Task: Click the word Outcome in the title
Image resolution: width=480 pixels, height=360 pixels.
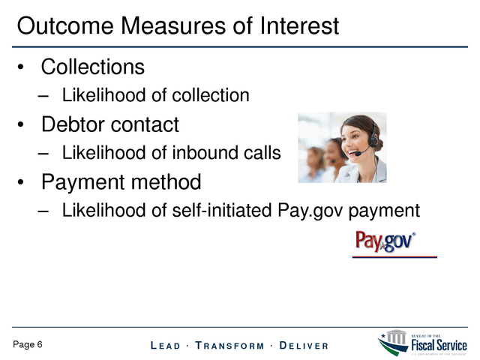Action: [65, 25]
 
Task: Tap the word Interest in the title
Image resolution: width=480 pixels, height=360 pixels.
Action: [299, 25]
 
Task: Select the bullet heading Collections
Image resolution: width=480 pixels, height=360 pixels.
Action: [93, 67]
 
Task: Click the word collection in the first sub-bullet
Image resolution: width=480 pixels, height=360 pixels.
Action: [211, 95]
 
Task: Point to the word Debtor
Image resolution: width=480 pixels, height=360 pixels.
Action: [73, 124]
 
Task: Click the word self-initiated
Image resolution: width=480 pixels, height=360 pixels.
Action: [222, 210]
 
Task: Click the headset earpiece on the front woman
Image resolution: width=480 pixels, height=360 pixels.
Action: [373, 139]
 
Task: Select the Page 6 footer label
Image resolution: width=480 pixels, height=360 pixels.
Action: [28, 345]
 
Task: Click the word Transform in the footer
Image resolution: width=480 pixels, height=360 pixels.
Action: [229, 346]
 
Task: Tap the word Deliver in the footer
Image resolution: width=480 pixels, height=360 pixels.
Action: [304, 346]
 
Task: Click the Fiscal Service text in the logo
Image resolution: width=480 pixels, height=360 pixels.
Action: [439, 345]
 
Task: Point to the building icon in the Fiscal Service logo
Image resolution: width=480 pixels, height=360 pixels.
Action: [396, 337]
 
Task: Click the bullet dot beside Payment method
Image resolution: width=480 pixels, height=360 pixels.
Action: [20, 182]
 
